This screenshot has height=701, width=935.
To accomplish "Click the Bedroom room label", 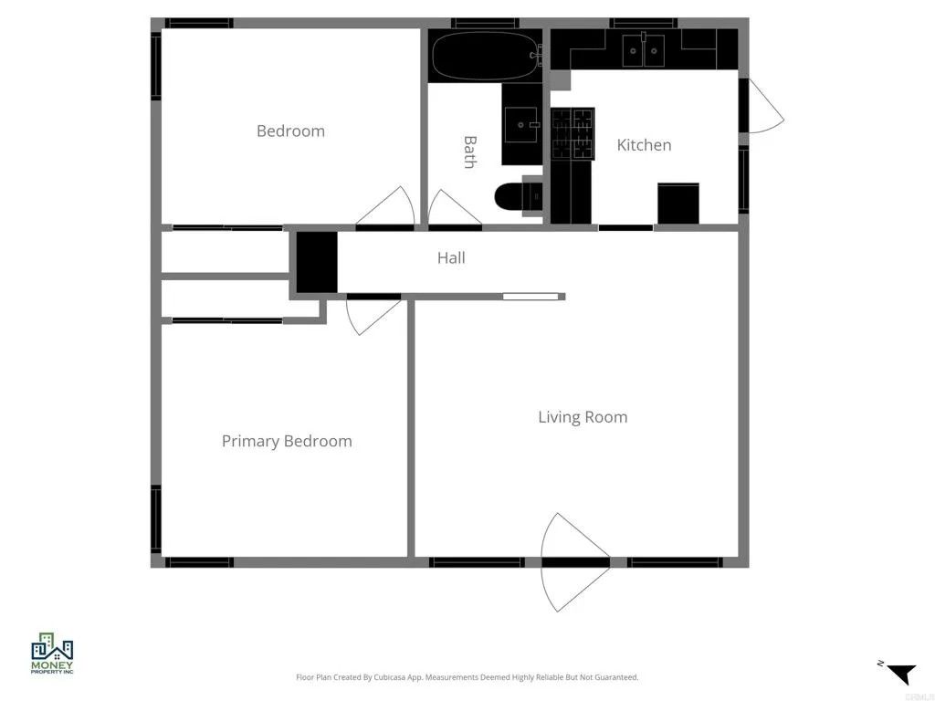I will [x=290, y=131].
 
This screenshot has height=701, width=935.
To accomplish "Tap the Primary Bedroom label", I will [x=287, y=441].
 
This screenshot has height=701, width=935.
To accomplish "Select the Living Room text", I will [x=583, y=417].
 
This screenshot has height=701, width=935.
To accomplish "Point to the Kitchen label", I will [x=644, y=144].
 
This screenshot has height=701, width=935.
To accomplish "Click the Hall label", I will [x=451, y=257].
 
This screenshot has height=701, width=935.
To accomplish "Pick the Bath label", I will [x=469, y=152].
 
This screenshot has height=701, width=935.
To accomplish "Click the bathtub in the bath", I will [x=484, y=57].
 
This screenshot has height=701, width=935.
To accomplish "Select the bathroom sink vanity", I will [x=521, y=123].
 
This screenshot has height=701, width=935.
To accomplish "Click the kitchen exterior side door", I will [x=763, y=106].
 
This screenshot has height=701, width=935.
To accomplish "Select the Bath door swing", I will [x=452, y=209].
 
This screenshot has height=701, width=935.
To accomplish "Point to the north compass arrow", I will [x=900, y=674].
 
